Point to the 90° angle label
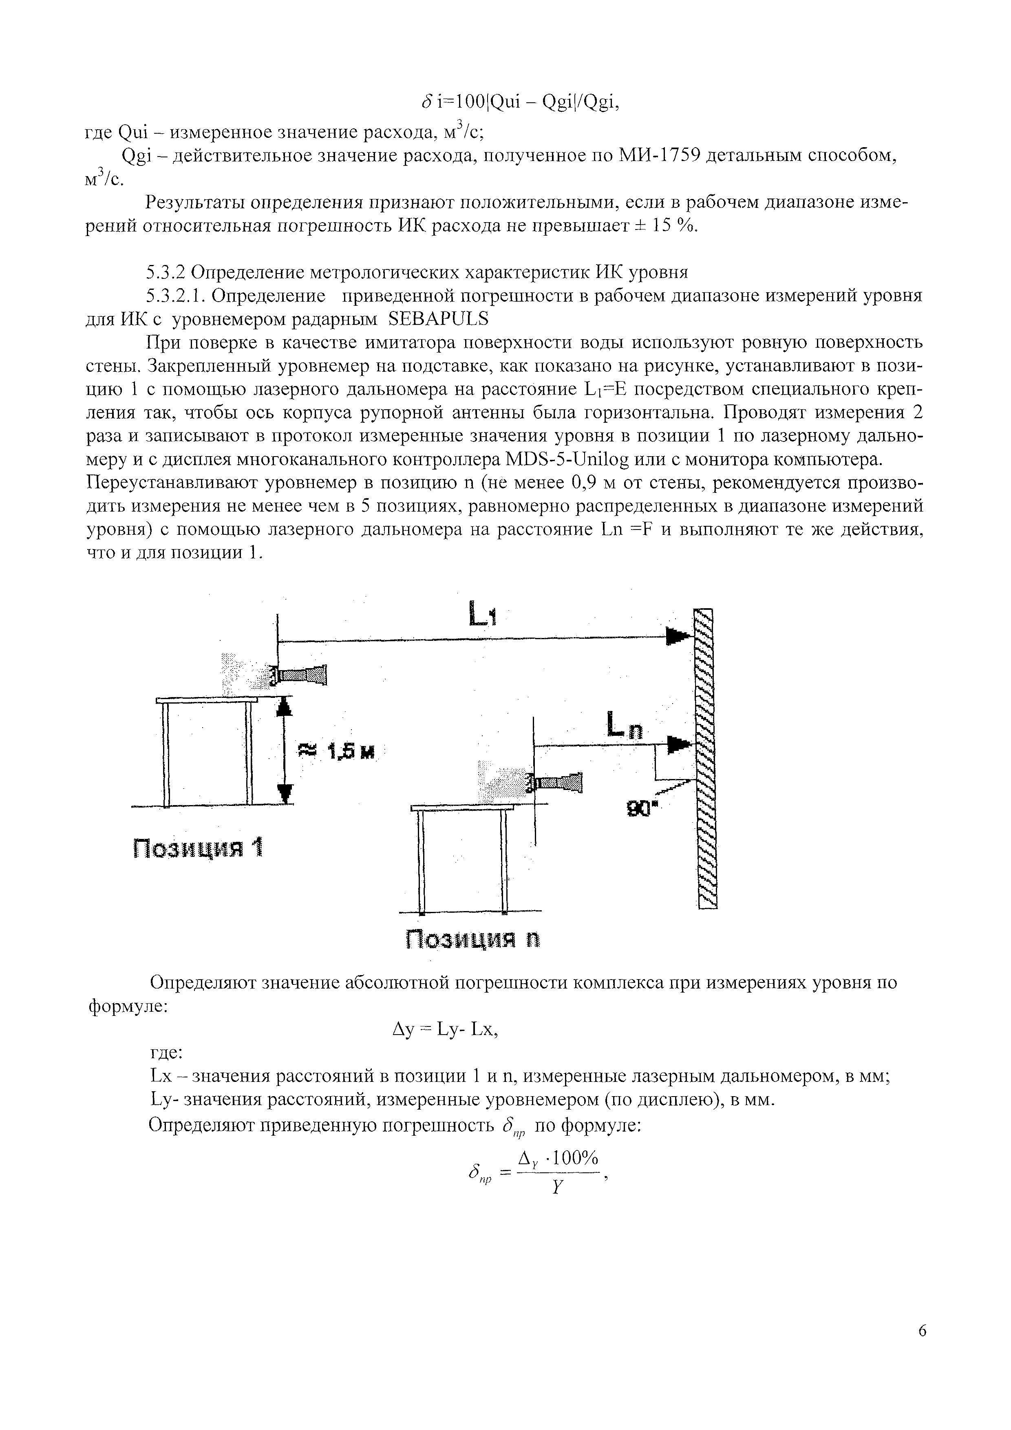638,809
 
